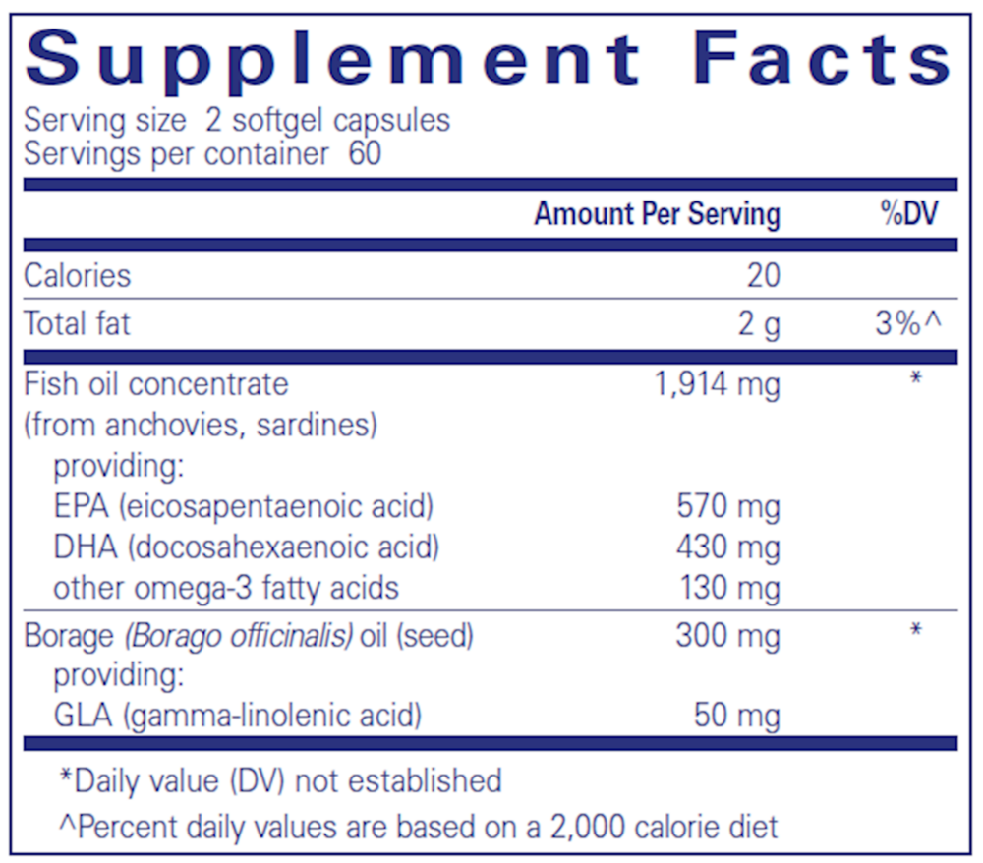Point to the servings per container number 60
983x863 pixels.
tap(364, 154)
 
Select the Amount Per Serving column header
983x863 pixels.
tap(657, 214)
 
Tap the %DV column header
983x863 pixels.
tap(908, 214)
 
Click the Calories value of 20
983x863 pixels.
tap(763, 275)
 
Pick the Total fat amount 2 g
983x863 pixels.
tap(760, 324)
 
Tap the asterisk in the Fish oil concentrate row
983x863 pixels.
tap(916, 377)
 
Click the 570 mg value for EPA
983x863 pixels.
tap(728, 507)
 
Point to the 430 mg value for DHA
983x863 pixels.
tap(728, 547)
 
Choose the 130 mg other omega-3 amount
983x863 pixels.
tap(728, 589)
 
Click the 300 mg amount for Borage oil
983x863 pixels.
tap(728, 636)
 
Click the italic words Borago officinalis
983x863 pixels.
tap(239, 636)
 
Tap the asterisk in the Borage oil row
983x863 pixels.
tap(916, 630)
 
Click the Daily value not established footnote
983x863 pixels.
tap(281, 780)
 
